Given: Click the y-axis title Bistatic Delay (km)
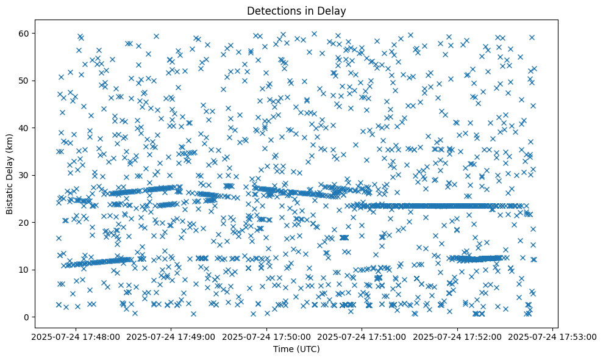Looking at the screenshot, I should (x=10, y=174).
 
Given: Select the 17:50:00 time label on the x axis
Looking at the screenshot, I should (x=266, y=336).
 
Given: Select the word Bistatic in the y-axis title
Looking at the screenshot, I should (x=10, y=194).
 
